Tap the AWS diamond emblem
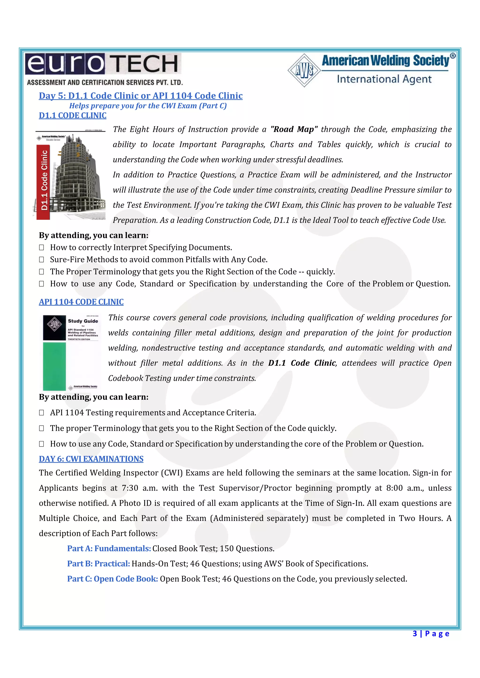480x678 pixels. (x=304, y=70)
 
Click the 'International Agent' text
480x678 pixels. (x=384, y=79)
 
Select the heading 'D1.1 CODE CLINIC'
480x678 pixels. (x=72, y=115)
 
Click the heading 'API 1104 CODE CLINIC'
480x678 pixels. (x=81, y=302)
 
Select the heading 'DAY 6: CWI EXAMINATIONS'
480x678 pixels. (x=91, y=459)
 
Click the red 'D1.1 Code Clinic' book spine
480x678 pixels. (x=43, y=181)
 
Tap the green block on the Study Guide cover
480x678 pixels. (x=54, y=366)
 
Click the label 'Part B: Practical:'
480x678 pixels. (x=98, y=564)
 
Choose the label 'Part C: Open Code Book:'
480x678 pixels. (x=112, y=579)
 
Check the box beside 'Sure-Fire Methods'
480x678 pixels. (x=42, y=260)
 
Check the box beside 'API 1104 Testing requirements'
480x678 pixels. (x=42, y=413)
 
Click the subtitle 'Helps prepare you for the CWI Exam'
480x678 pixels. (x=148, y=106)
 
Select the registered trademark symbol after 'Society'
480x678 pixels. (x=453, y=56)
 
